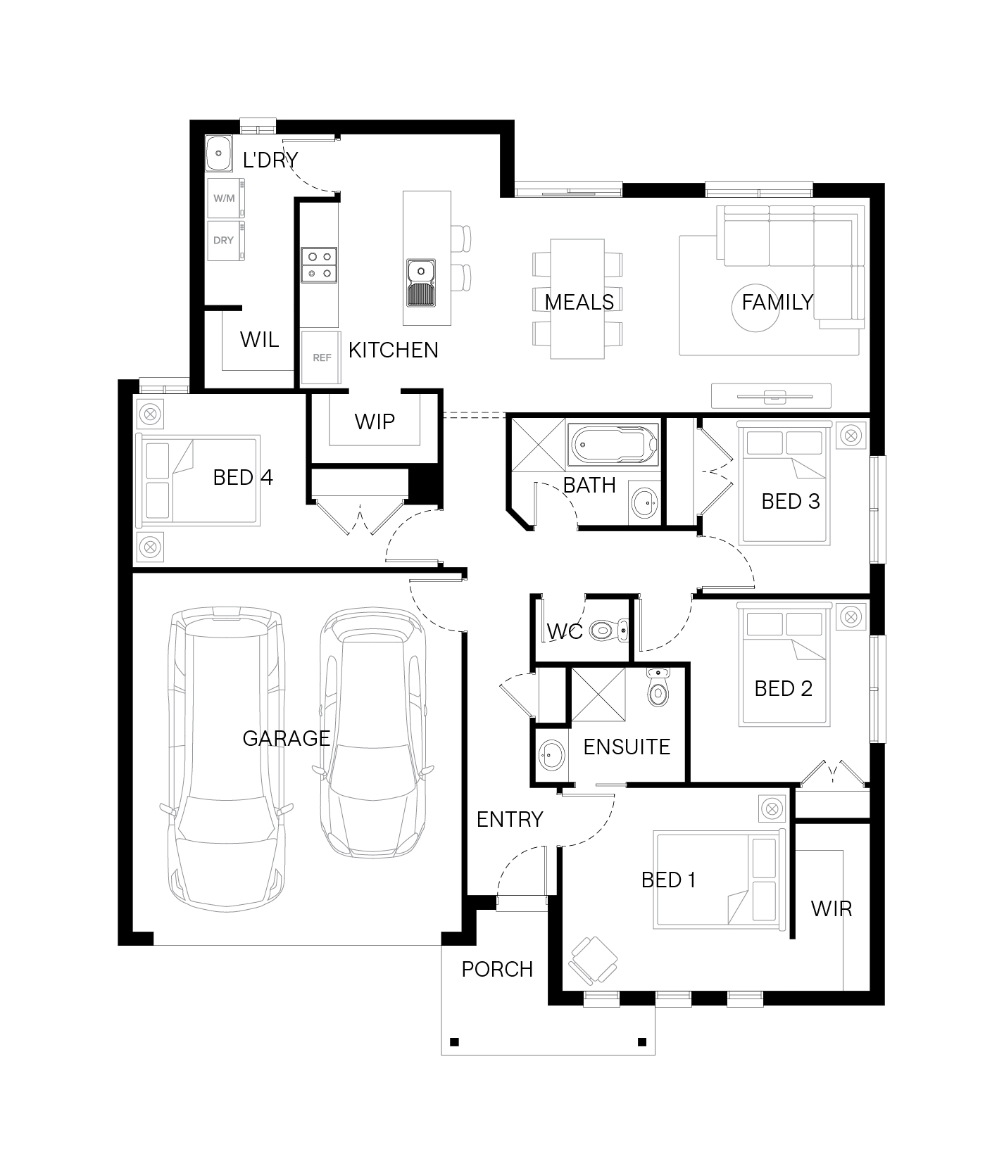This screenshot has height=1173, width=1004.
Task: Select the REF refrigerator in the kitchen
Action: click(x=321, y=357)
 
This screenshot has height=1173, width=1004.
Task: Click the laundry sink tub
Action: click(x=219, y=153)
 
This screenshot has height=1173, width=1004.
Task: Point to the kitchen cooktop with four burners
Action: click(x=319, y=265)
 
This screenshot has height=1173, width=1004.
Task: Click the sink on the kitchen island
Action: click(x=421, y=282)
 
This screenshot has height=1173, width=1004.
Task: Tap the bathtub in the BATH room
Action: click(x=615, y=445)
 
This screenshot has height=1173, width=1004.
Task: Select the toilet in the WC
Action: click(x=609, y=630)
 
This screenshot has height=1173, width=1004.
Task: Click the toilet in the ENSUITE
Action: click(x=658, y=687)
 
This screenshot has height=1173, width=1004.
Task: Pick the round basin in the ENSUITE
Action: click(x=551, y=756)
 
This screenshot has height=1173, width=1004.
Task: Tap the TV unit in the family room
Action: click(x=771, y=395)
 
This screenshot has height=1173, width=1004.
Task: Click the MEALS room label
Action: click(x=579, y=302)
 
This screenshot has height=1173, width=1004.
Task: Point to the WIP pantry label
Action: click(x=375, y=421)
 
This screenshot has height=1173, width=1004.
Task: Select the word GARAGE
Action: click(x=286, y=738)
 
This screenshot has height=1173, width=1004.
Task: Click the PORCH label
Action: click(x=497, y=969)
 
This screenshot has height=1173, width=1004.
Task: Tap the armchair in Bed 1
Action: click(x=593, y=960)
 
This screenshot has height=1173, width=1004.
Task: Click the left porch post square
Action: click(x=454, y=1042)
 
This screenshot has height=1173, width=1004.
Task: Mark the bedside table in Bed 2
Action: click(x=851, y=617)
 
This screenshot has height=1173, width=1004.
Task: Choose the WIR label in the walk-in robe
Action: click(x=832, y=908)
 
